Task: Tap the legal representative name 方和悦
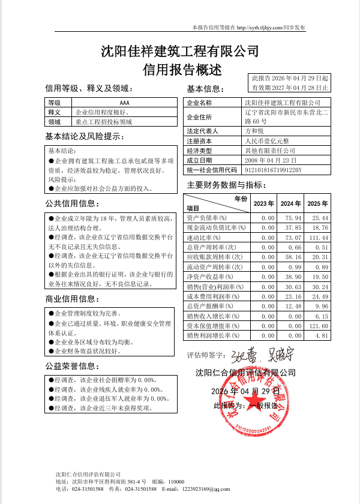[x=254, y=131]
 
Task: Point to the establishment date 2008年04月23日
[x=271, y=161]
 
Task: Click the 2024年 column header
[x=290, y=204]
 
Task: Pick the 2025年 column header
[x=317, y=204]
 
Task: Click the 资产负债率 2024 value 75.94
[x=293, y=218]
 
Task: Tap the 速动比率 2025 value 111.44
[x=318, y=238]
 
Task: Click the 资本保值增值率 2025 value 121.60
[x=318, y=326]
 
